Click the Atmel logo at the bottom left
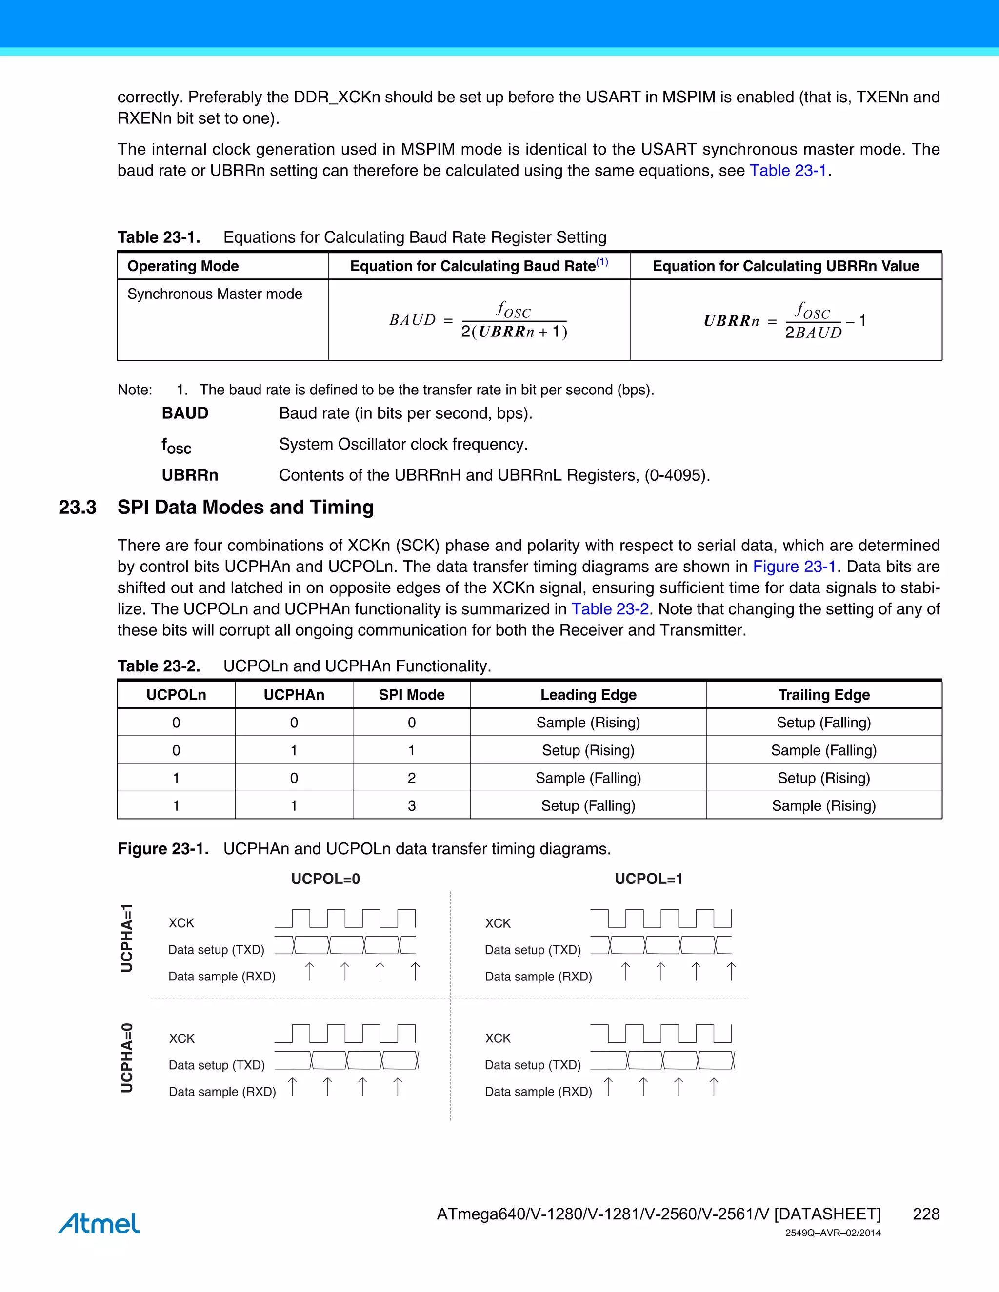(x=99, y=1223)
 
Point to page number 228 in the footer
(x=926, y=1214)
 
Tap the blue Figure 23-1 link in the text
(x=794, y=566)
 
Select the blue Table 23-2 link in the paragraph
(x=610, y=609)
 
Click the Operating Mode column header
(x=183, y=266)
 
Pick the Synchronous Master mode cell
(x=214, y=294)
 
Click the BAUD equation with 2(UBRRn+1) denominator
(x=478, y=320)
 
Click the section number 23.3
(x=77, y=507)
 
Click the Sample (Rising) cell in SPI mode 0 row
(x=588, y=723)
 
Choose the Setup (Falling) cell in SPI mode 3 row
(x=588, y=806)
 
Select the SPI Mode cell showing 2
(x=411, y=778)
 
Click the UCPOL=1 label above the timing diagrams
(x=648, y=879)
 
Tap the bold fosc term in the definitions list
(x=177, y=446)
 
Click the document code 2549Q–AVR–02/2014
(x=832, y=1233)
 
